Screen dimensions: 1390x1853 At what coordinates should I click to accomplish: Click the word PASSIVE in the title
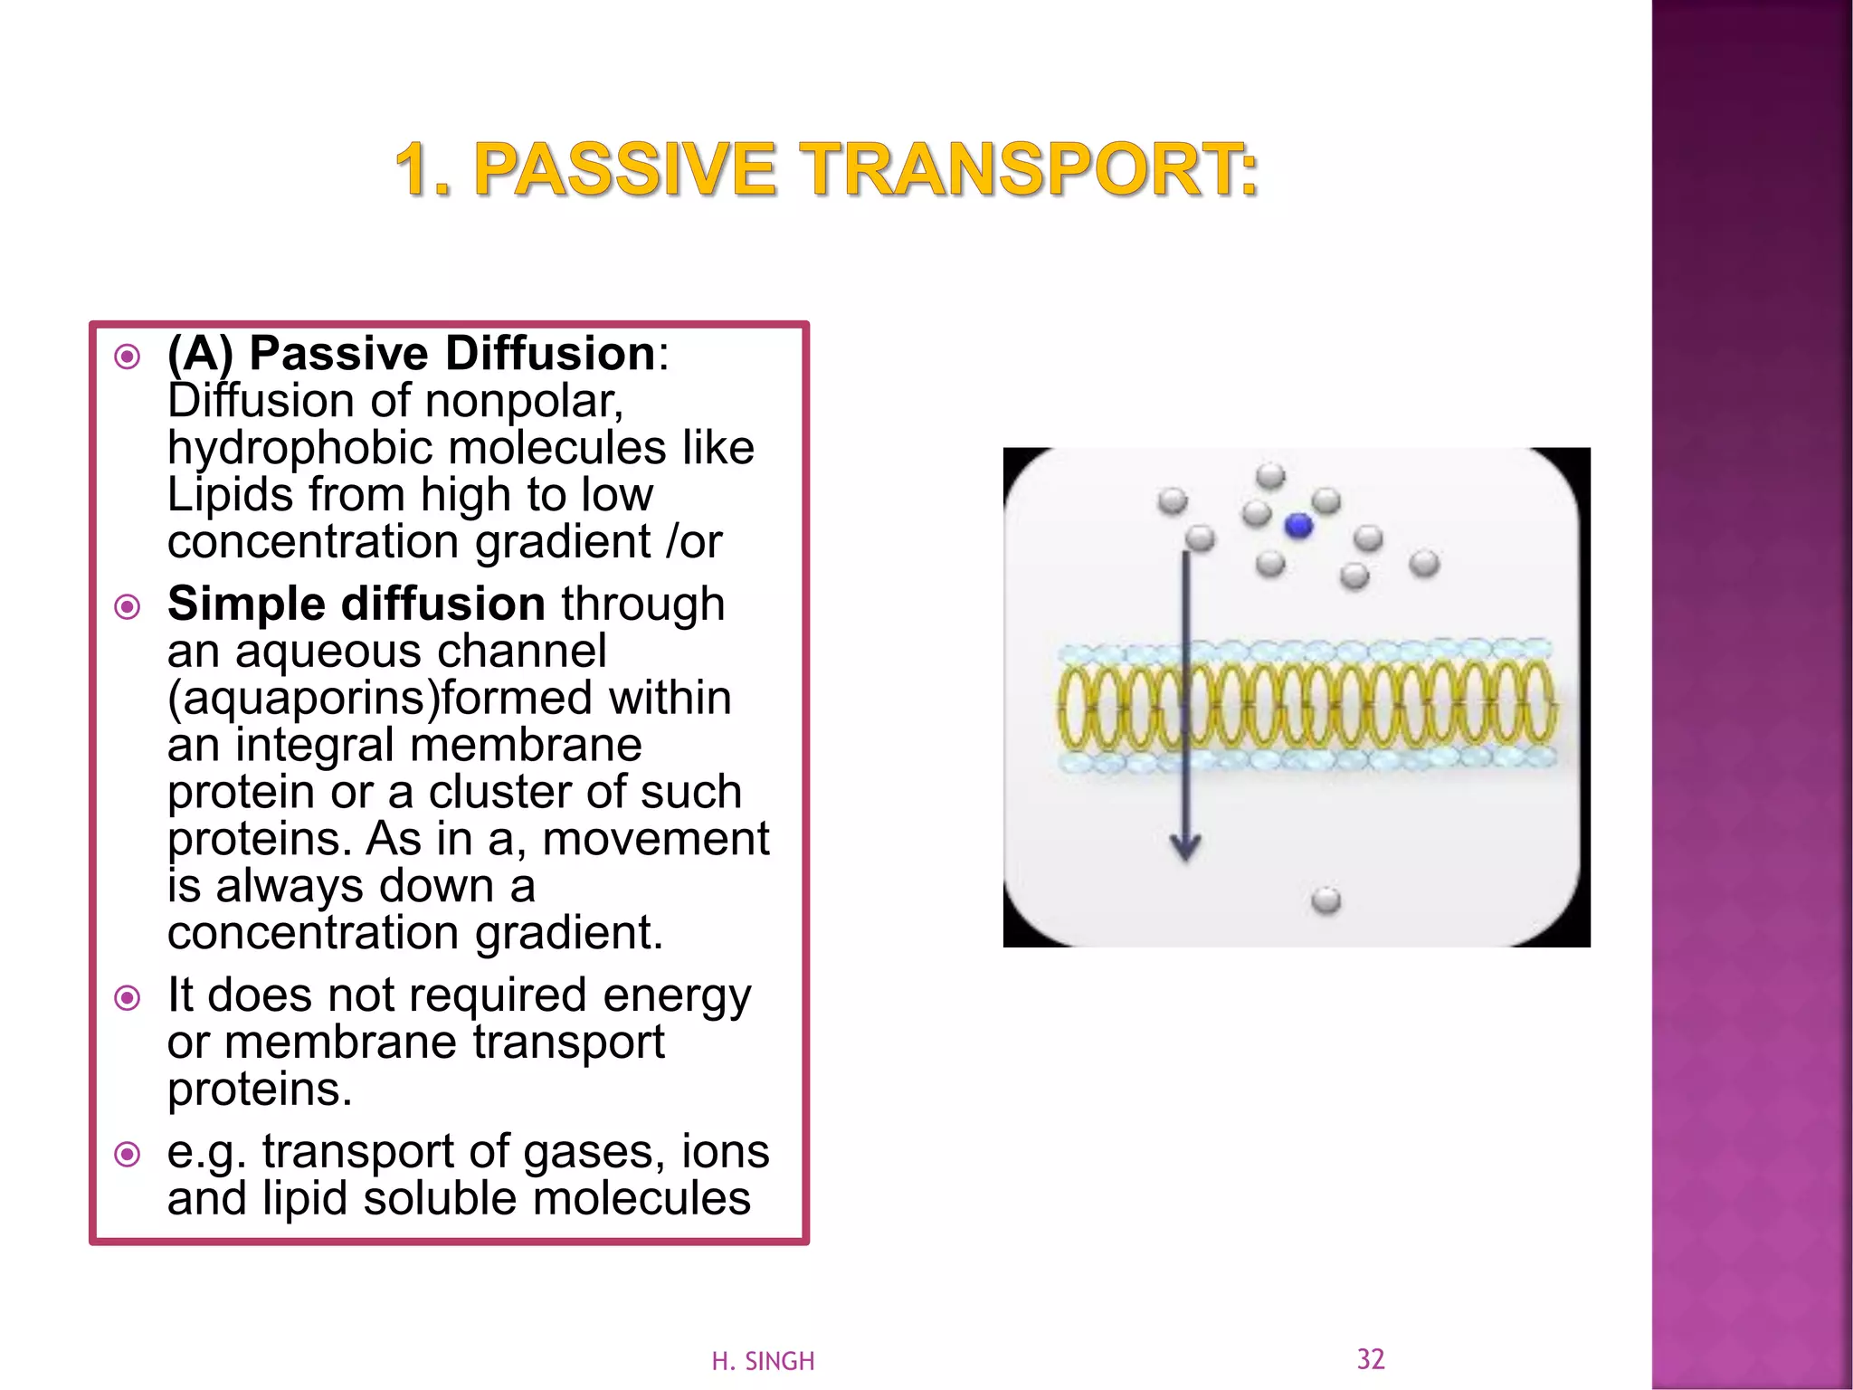[624, 170]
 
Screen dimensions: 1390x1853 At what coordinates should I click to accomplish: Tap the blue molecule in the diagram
[1298, 526]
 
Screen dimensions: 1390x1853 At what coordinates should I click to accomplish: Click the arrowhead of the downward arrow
[1185, 847]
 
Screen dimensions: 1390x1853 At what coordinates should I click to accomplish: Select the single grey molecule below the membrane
[1326, 900]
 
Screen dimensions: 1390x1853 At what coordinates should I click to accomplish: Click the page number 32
[1370, 1358]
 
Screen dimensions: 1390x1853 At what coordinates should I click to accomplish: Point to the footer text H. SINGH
[763, 1361]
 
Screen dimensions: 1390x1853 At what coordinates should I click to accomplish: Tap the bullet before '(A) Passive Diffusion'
[128, 357]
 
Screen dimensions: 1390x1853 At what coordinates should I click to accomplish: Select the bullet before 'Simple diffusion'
[128, 606]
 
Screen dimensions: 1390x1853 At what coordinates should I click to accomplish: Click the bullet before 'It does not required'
[128, 998]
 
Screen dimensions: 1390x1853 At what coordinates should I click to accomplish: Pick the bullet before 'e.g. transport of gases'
[128, 1155]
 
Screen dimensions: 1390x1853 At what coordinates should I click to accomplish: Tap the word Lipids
[231, 495]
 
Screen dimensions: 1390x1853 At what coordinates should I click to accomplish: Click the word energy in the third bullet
[677, 996]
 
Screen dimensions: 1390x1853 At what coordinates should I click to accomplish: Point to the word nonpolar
[524, 401]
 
